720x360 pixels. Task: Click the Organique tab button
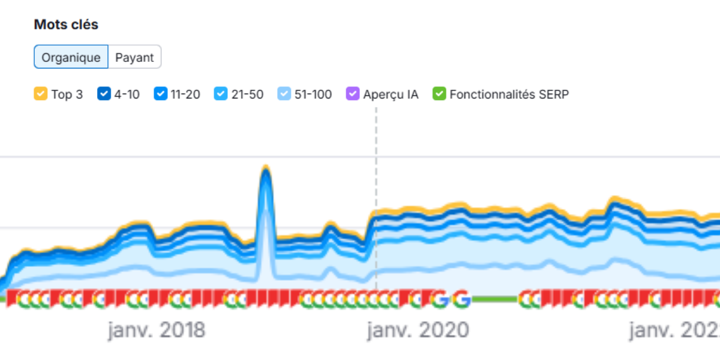[71, 58]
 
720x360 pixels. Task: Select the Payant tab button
[134, 58]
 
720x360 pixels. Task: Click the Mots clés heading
[66, 25]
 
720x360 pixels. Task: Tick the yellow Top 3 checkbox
[40, 94]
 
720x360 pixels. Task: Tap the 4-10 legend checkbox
[104, 94]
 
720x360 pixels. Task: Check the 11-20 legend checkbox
[160, 94]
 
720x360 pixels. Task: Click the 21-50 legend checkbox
[221, 94]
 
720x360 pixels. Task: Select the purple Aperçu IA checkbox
[353, 94]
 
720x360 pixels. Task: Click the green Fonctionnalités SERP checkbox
[439, 94]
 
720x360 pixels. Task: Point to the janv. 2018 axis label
[157, 331]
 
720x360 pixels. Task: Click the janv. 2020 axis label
[418, 331]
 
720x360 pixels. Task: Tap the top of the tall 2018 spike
[265, 169]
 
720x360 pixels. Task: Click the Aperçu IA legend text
[391, 94]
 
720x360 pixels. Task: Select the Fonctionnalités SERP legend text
[509, 94]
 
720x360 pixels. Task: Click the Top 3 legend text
[67, 94]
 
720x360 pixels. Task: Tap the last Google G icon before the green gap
[461, 299]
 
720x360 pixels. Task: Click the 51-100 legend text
[313, 94]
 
